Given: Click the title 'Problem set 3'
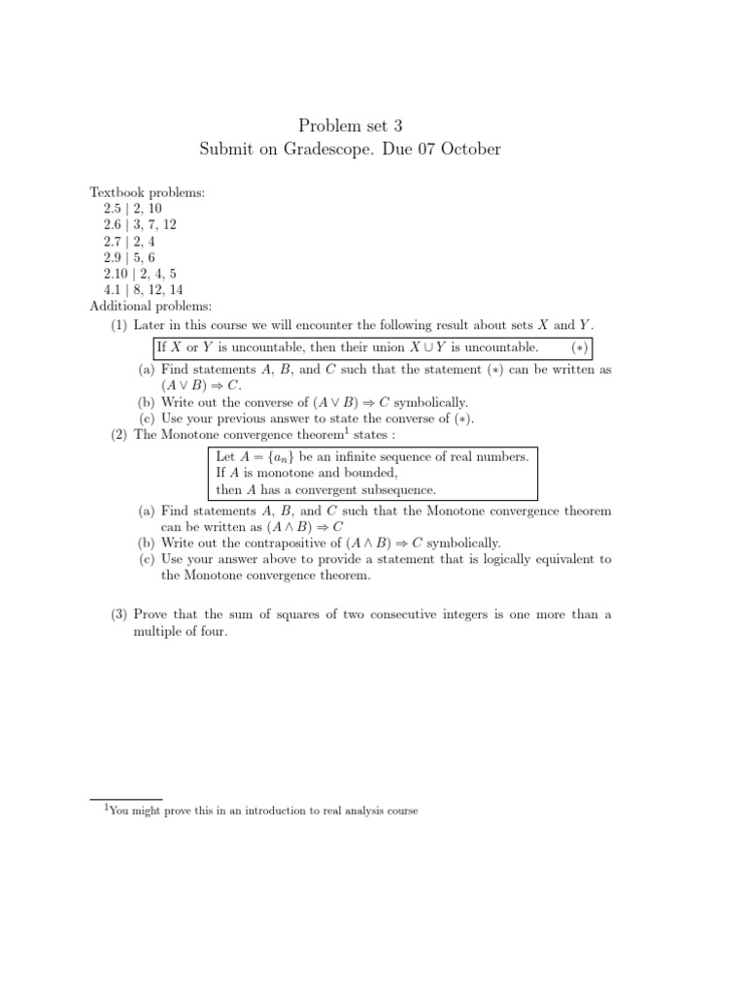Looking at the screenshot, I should coord(349,123).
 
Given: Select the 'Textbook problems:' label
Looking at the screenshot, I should coord(148,193).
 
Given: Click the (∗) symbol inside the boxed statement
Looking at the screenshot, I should coord(578,348).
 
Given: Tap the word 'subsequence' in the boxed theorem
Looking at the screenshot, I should coord(400,490).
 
